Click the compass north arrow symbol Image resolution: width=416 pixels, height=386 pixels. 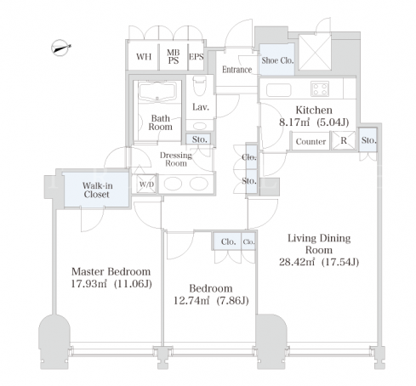pos(60,48)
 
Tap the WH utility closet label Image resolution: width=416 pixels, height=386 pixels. pos(144,57)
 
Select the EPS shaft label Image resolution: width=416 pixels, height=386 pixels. pos(197,57)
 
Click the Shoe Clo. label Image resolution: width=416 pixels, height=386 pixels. pos(277,60)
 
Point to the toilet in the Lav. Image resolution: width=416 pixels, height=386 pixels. pos(200,86)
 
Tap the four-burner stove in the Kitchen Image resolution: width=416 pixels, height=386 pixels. pos(320,88)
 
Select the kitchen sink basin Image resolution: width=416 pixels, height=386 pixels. pos(279,90)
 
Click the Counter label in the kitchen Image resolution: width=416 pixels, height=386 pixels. pos(311,141)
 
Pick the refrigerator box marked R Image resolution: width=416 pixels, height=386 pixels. pos(344,140)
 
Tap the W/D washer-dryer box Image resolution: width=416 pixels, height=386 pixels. pos(146,184)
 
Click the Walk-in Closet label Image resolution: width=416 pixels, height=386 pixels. pos(96,190)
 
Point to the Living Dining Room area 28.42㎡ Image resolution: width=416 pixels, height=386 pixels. pos(297,262)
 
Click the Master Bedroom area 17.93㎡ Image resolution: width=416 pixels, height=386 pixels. pos(88,284)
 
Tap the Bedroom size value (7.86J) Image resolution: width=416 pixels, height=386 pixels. pos(232,300)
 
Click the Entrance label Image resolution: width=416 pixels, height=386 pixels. pos(236,70)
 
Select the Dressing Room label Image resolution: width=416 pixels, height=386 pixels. pos(176,159)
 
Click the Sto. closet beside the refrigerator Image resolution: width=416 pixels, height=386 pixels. pos(368,140)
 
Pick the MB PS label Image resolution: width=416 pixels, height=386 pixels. pos(174,57)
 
